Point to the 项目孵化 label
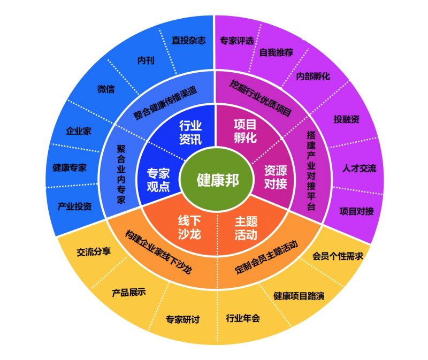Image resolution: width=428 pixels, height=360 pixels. (246, 131)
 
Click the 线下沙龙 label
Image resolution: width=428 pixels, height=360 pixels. (189, 228)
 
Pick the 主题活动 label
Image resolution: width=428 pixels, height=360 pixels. (246, 228)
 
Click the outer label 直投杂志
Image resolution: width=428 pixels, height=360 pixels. (188, 40)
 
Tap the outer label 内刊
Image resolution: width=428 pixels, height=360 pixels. (146, 60)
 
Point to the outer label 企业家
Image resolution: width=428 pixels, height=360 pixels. (78, 131)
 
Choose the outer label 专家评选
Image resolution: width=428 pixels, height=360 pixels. (237, 40)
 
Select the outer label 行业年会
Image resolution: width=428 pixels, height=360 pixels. (243, 318)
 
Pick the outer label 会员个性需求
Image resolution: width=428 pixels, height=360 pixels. (338, 256)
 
